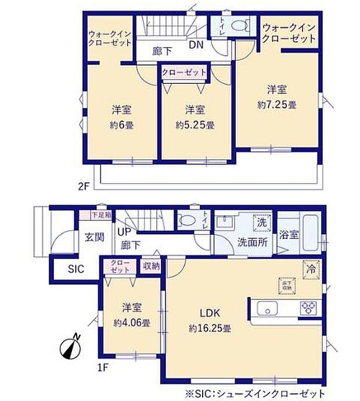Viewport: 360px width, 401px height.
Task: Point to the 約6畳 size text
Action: [x=120, y=124]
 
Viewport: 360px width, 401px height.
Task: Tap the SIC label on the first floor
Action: [x=76, y=268]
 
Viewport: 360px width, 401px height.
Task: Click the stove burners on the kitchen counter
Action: [x=307, y=306]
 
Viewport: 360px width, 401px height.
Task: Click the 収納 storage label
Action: [x=150, y=266]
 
